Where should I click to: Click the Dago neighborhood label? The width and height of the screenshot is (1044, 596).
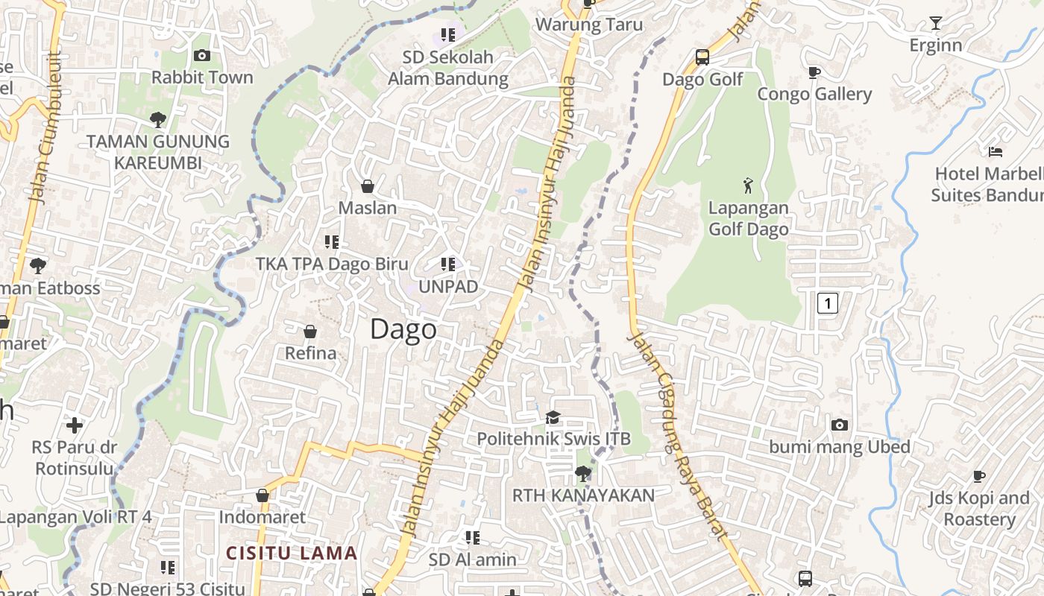coord(403,329)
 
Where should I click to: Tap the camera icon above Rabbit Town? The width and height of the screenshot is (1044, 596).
coord(201,55)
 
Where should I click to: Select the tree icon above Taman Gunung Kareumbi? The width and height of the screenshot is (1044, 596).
coord(157,118)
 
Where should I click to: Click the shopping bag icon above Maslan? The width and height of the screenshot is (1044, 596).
coord(367,186)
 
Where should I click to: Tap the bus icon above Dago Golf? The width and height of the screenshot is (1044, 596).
coord(702,57)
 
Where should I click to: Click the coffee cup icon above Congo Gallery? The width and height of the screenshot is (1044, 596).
coord(814,72)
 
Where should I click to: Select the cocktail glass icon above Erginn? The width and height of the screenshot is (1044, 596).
coord(936,23)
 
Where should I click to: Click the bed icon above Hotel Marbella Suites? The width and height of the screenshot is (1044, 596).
coord(995,152)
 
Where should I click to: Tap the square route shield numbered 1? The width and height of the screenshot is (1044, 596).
coord(828,303)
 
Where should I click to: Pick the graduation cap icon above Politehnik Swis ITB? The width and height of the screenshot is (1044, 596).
coord(553,417)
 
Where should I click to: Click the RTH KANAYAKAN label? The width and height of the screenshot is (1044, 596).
coord(583,495)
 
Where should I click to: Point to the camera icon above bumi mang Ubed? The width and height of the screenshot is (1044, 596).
coord(840,425)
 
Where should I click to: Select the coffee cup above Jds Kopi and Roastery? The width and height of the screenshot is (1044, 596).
coord(979,476)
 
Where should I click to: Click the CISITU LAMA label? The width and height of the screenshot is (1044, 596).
coord(292,554)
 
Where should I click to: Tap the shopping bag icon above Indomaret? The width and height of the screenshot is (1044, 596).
coord(262,495)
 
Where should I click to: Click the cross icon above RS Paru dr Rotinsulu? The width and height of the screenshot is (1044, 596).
coord(74,425)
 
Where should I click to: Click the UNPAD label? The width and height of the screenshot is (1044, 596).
coord(448,287)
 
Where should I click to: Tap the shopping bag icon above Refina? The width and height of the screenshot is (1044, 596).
coord(310,332)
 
